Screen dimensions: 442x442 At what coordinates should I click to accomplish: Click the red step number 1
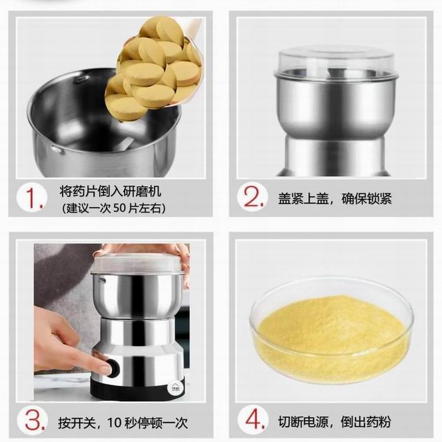pos(34,198)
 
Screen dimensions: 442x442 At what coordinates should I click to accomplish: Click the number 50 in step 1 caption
pos(119,208)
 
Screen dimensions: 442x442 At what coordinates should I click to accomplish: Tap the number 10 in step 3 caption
pos(114,422)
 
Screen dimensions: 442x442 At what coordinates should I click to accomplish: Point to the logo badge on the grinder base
pos(171,388)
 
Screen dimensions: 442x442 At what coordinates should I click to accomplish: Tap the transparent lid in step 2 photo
pos(336,63)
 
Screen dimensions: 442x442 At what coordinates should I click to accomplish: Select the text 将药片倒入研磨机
pos(110,191)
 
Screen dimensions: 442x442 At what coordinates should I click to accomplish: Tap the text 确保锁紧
pos(366,199)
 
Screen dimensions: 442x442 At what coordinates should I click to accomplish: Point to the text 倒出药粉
pos(366,422)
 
